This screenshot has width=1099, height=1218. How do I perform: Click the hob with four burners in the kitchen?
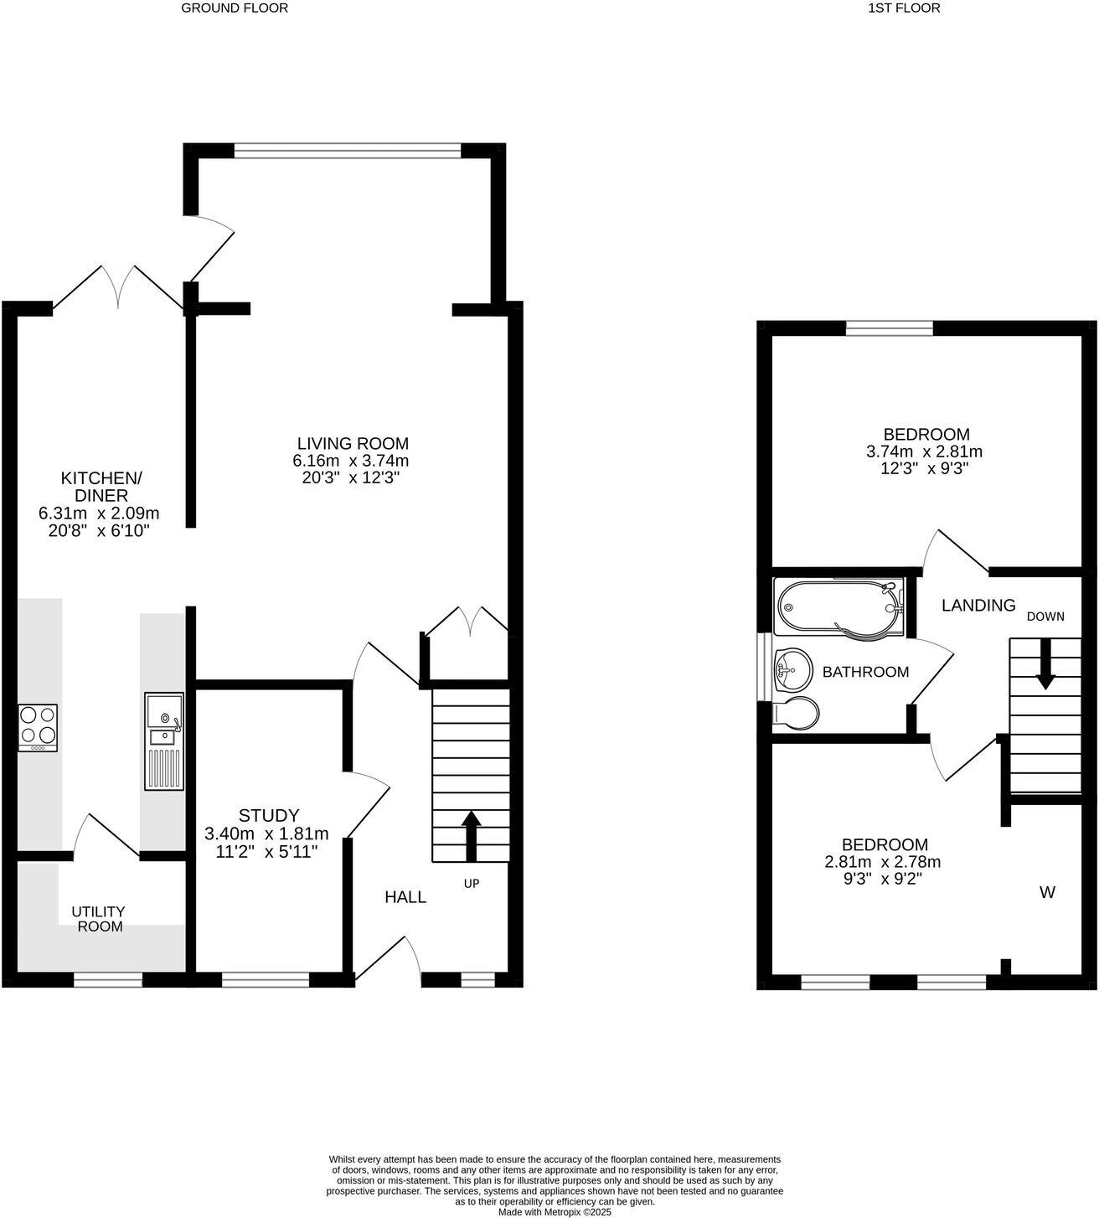(x=38, y=726)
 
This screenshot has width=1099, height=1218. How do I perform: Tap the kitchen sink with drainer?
(x=163, y=741)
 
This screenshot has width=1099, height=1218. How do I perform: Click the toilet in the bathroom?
(x=795, y=712)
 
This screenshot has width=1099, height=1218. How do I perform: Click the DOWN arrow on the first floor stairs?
(x=1045, y=664)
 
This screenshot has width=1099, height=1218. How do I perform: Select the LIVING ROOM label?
(x=353, y=443)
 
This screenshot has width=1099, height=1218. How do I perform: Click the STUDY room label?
(x=268, y=815)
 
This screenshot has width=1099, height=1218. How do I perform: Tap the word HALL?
(x=405, y=897)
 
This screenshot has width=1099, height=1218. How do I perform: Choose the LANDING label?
(x=978, y=605)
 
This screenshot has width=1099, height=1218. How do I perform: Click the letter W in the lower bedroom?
(x=1047, y=893)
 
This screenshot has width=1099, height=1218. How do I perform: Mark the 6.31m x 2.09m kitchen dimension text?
(x=99, y=513)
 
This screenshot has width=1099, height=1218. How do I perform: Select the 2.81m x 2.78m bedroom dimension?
(x=885, y=862)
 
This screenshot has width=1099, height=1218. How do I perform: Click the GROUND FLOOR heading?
(x=235, y=8)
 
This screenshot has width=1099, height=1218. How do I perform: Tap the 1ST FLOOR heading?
(x=905, y=8)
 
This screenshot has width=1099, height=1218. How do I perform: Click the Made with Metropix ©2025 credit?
(x=555, y=1211)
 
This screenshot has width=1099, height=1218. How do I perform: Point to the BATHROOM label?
(x=865, y=672)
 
